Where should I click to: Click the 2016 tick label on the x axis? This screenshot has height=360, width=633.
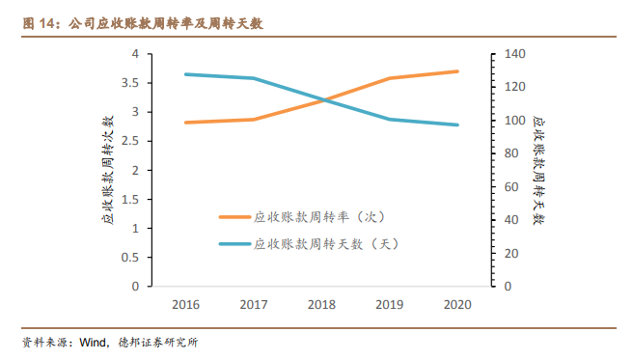[x=185, y=305]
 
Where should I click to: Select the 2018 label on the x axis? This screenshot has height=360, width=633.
[x=321, y=305]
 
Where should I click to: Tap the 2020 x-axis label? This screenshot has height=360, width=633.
[x=457, y=305]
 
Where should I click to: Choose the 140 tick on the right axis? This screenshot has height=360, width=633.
[x=508, y=54]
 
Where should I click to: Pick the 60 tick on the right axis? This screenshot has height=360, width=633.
[x=505, y=187]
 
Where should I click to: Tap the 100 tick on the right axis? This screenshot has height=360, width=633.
[x=508, y=121]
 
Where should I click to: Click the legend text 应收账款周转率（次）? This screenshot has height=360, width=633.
[x=319, y=217]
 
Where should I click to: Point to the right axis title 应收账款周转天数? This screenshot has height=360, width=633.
[x=538, y=170]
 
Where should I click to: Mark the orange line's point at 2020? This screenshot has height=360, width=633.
[x=457, y=71]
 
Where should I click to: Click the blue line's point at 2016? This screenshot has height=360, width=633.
[x=185, y=74]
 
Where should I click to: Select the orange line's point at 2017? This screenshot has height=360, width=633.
[x=254, y=120]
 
